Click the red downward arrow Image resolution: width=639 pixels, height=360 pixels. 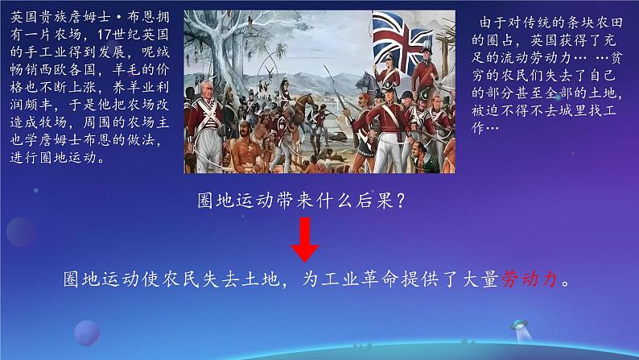[304, 239]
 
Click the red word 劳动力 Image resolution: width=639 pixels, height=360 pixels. [530, 279]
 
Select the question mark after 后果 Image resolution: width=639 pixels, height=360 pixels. [400, 201]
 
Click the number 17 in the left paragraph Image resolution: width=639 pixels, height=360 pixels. [105, 35]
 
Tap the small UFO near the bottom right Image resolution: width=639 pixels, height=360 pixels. [520, 325]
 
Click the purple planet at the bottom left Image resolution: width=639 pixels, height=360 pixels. [87, 333]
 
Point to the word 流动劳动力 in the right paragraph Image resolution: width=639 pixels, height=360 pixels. [537, 57]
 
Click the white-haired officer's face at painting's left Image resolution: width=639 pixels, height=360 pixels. [206, 89]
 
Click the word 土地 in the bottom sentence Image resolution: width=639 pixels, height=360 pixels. [261, 279]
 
